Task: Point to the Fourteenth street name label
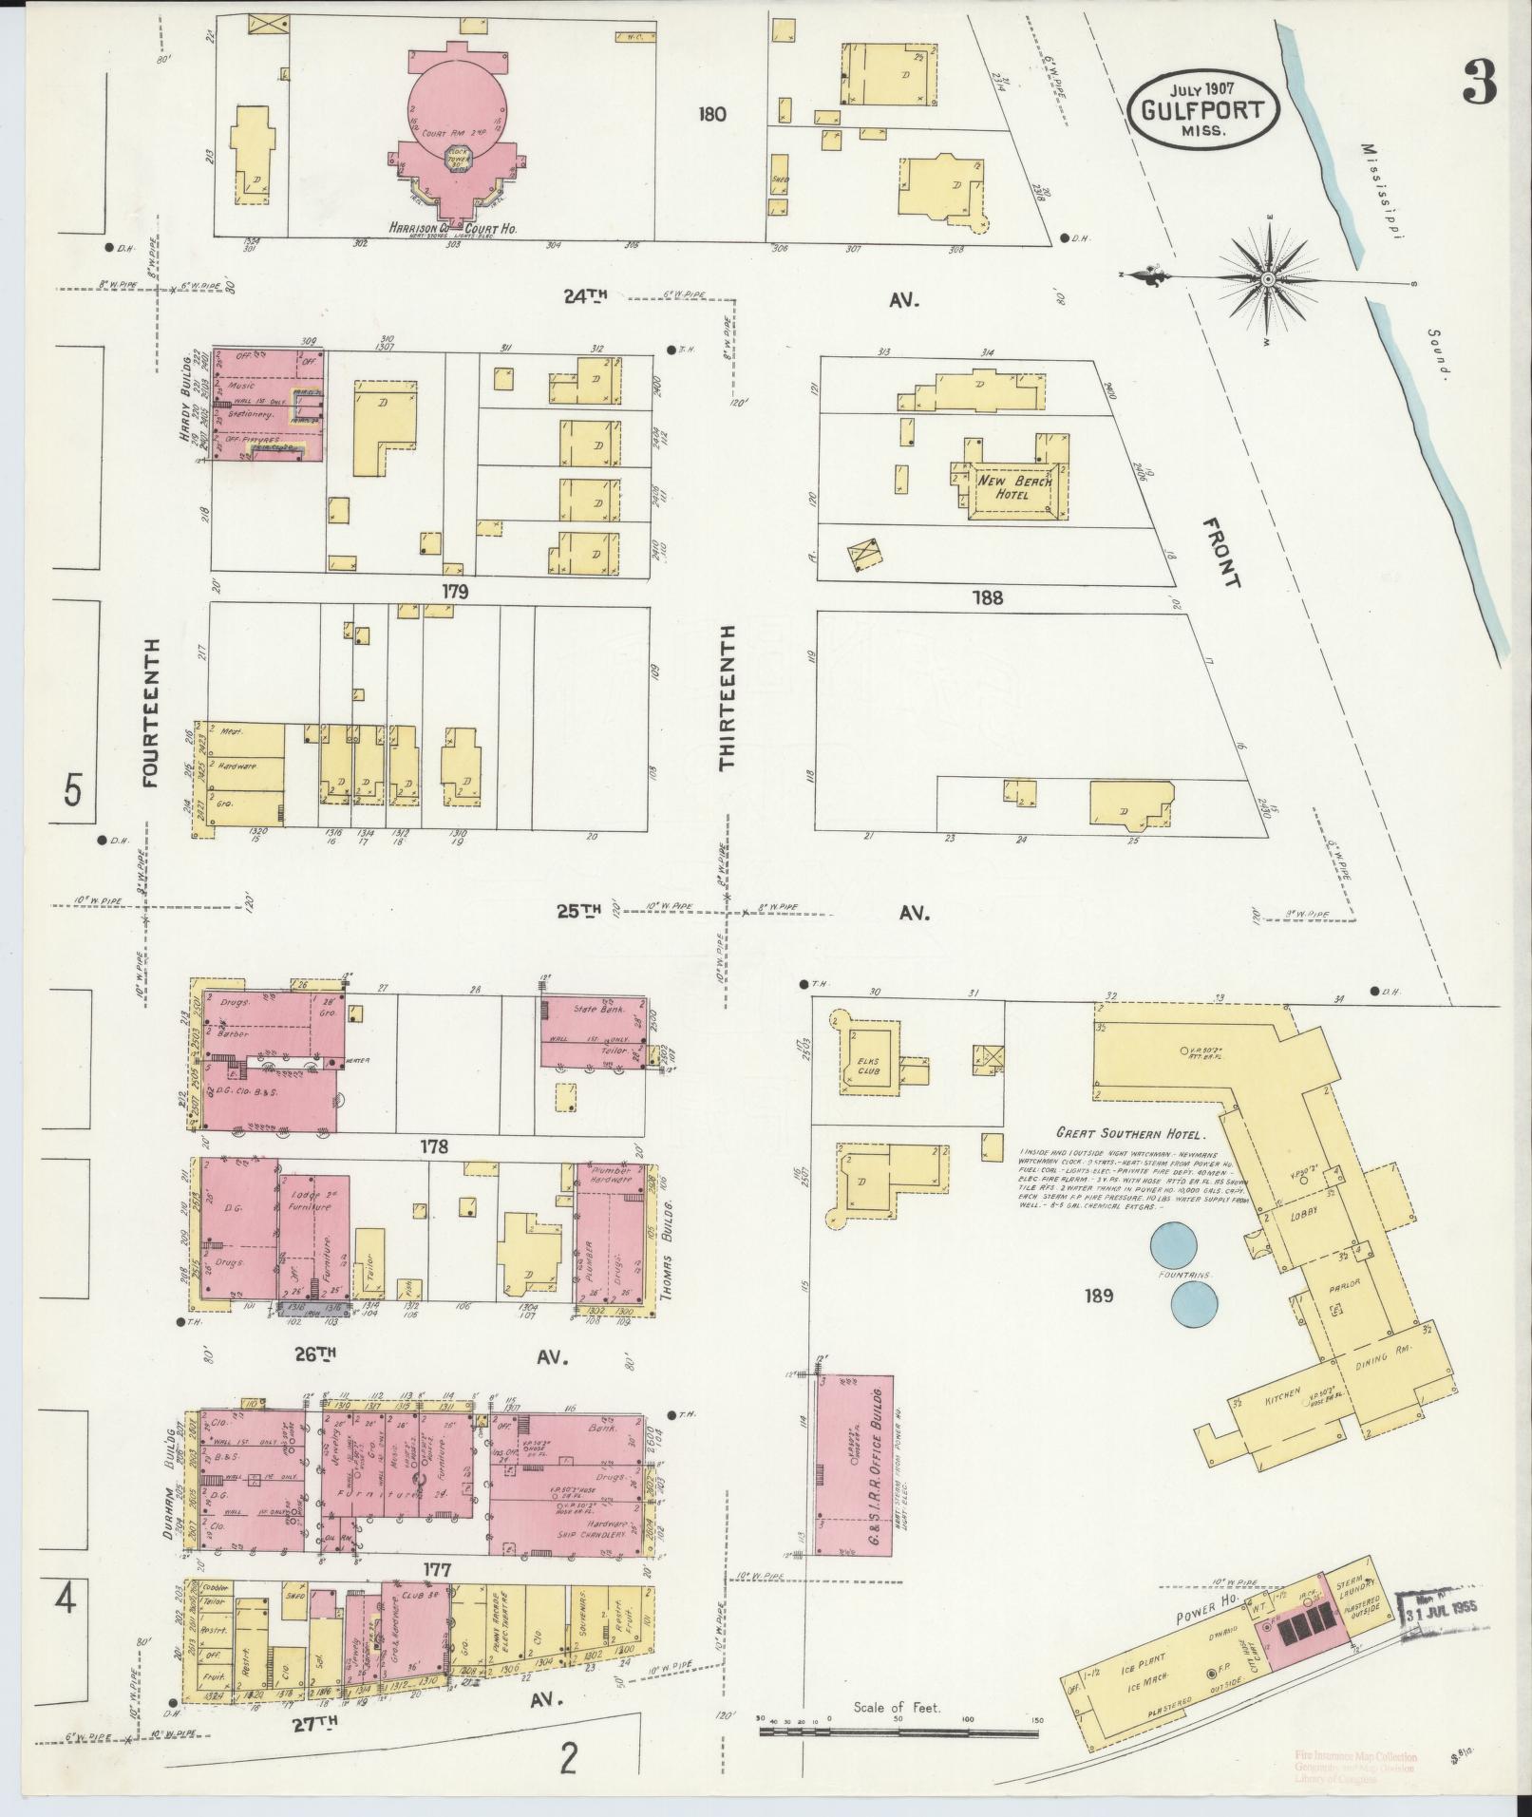150,712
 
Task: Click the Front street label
1220,553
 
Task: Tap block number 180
710,114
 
